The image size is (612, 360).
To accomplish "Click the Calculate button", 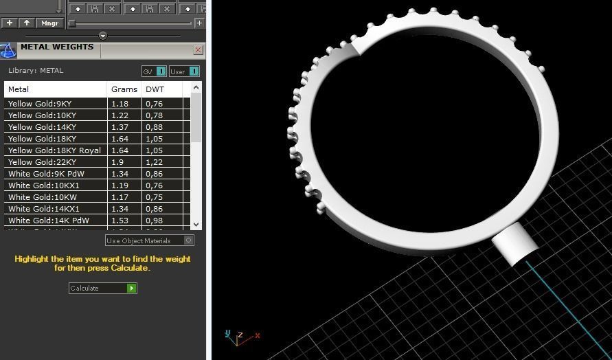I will coord(102,289).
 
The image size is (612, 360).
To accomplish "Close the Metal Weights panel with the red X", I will coord(199,49).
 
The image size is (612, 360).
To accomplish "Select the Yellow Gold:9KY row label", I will coord(40,104).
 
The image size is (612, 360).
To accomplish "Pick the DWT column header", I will coord(155,89).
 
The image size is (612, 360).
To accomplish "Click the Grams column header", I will coord(124,89).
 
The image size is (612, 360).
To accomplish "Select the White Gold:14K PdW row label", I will coord(49,221).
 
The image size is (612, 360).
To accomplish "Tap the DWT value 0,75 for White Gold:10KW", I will coord(155,197).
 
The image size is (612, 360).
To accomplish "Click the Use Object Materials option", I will coord(149,240).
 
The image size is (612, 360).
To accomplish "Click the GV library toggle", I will coord(154,71).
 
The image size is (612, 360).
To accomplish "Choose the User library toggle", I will coord(184,71).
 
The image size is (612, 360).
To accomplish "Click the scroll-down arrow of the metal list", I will coord(196,224).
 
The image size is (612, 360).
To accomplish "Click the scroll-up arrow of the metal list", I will coord(196,88).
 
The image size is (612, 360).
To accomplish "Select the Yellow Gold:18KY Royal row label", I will coord(54,150).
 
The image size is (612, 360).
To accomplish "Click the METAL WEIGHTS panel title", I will coord(57,47).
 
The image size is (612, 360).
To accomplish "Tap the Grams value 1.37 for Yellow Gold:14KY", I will coord(120,127).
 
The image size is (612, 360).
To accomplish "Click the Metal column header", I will coord(19,89).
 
